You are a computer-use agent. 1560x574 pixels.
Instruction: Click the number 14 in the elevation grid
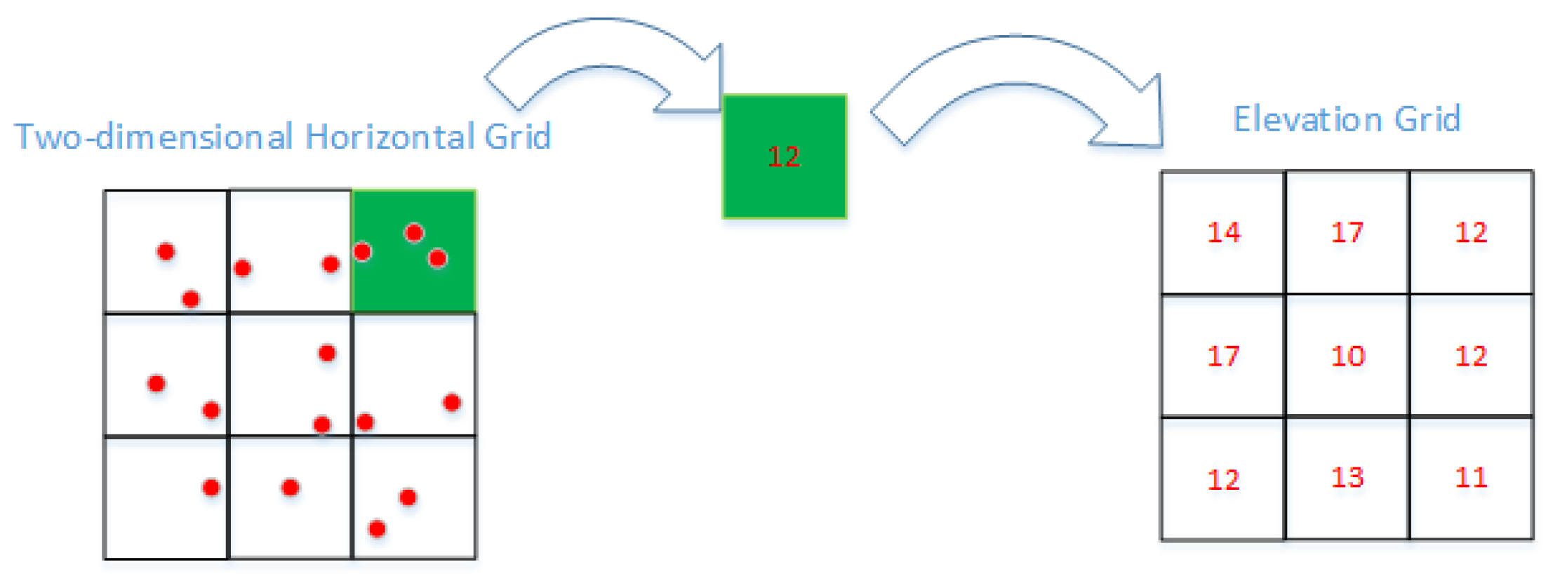(x=1223, y=232)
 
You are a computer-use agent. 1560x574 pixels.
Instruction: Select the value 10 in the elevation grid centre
(x=1347, y=356)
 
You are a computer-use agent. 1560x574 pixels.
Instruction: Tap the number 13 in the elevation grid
(x=1347, y=478)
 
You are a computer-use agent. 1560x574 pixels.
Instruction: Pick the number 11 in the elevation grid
(x=1471, y=478)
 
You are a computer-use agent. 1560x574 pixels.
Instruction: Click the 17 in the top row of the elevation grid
(x=1347, y=232)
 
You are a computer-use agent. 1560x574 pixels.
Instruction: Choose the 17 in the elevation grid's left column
(x=1223, y=356)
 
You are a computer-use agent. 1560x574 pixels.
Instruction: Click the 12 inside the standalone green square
(x=784, y=156)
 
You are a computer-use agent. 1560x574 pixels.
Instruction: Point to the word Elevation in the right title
(x=1307, y=119)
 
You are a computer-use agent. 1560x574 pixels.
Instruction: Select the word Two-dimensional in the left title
(x=153, y=136)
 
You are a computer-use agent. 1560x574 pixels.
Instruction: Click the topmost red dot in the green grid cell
(x=414, y=232)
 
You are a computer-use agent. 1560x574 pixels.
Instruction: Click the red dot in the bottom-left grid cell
(x=211, y=487)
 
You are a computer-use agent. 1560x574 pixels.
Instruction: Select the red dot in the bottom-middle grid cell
(x=290, y=487)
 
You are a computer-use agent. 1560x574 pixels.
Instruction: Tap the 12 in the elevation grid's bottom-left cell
(x=1223, y=480)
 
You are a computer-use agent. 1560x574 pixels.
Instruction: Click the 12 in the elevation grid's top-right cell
(x=1471, y=232)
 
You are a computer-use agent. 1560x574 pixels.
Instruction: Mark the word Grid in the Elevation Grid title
(x=1427, y=119)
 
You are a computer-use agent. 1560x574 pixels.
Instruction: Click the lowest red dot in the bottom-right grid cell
(x=377, y=528)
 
